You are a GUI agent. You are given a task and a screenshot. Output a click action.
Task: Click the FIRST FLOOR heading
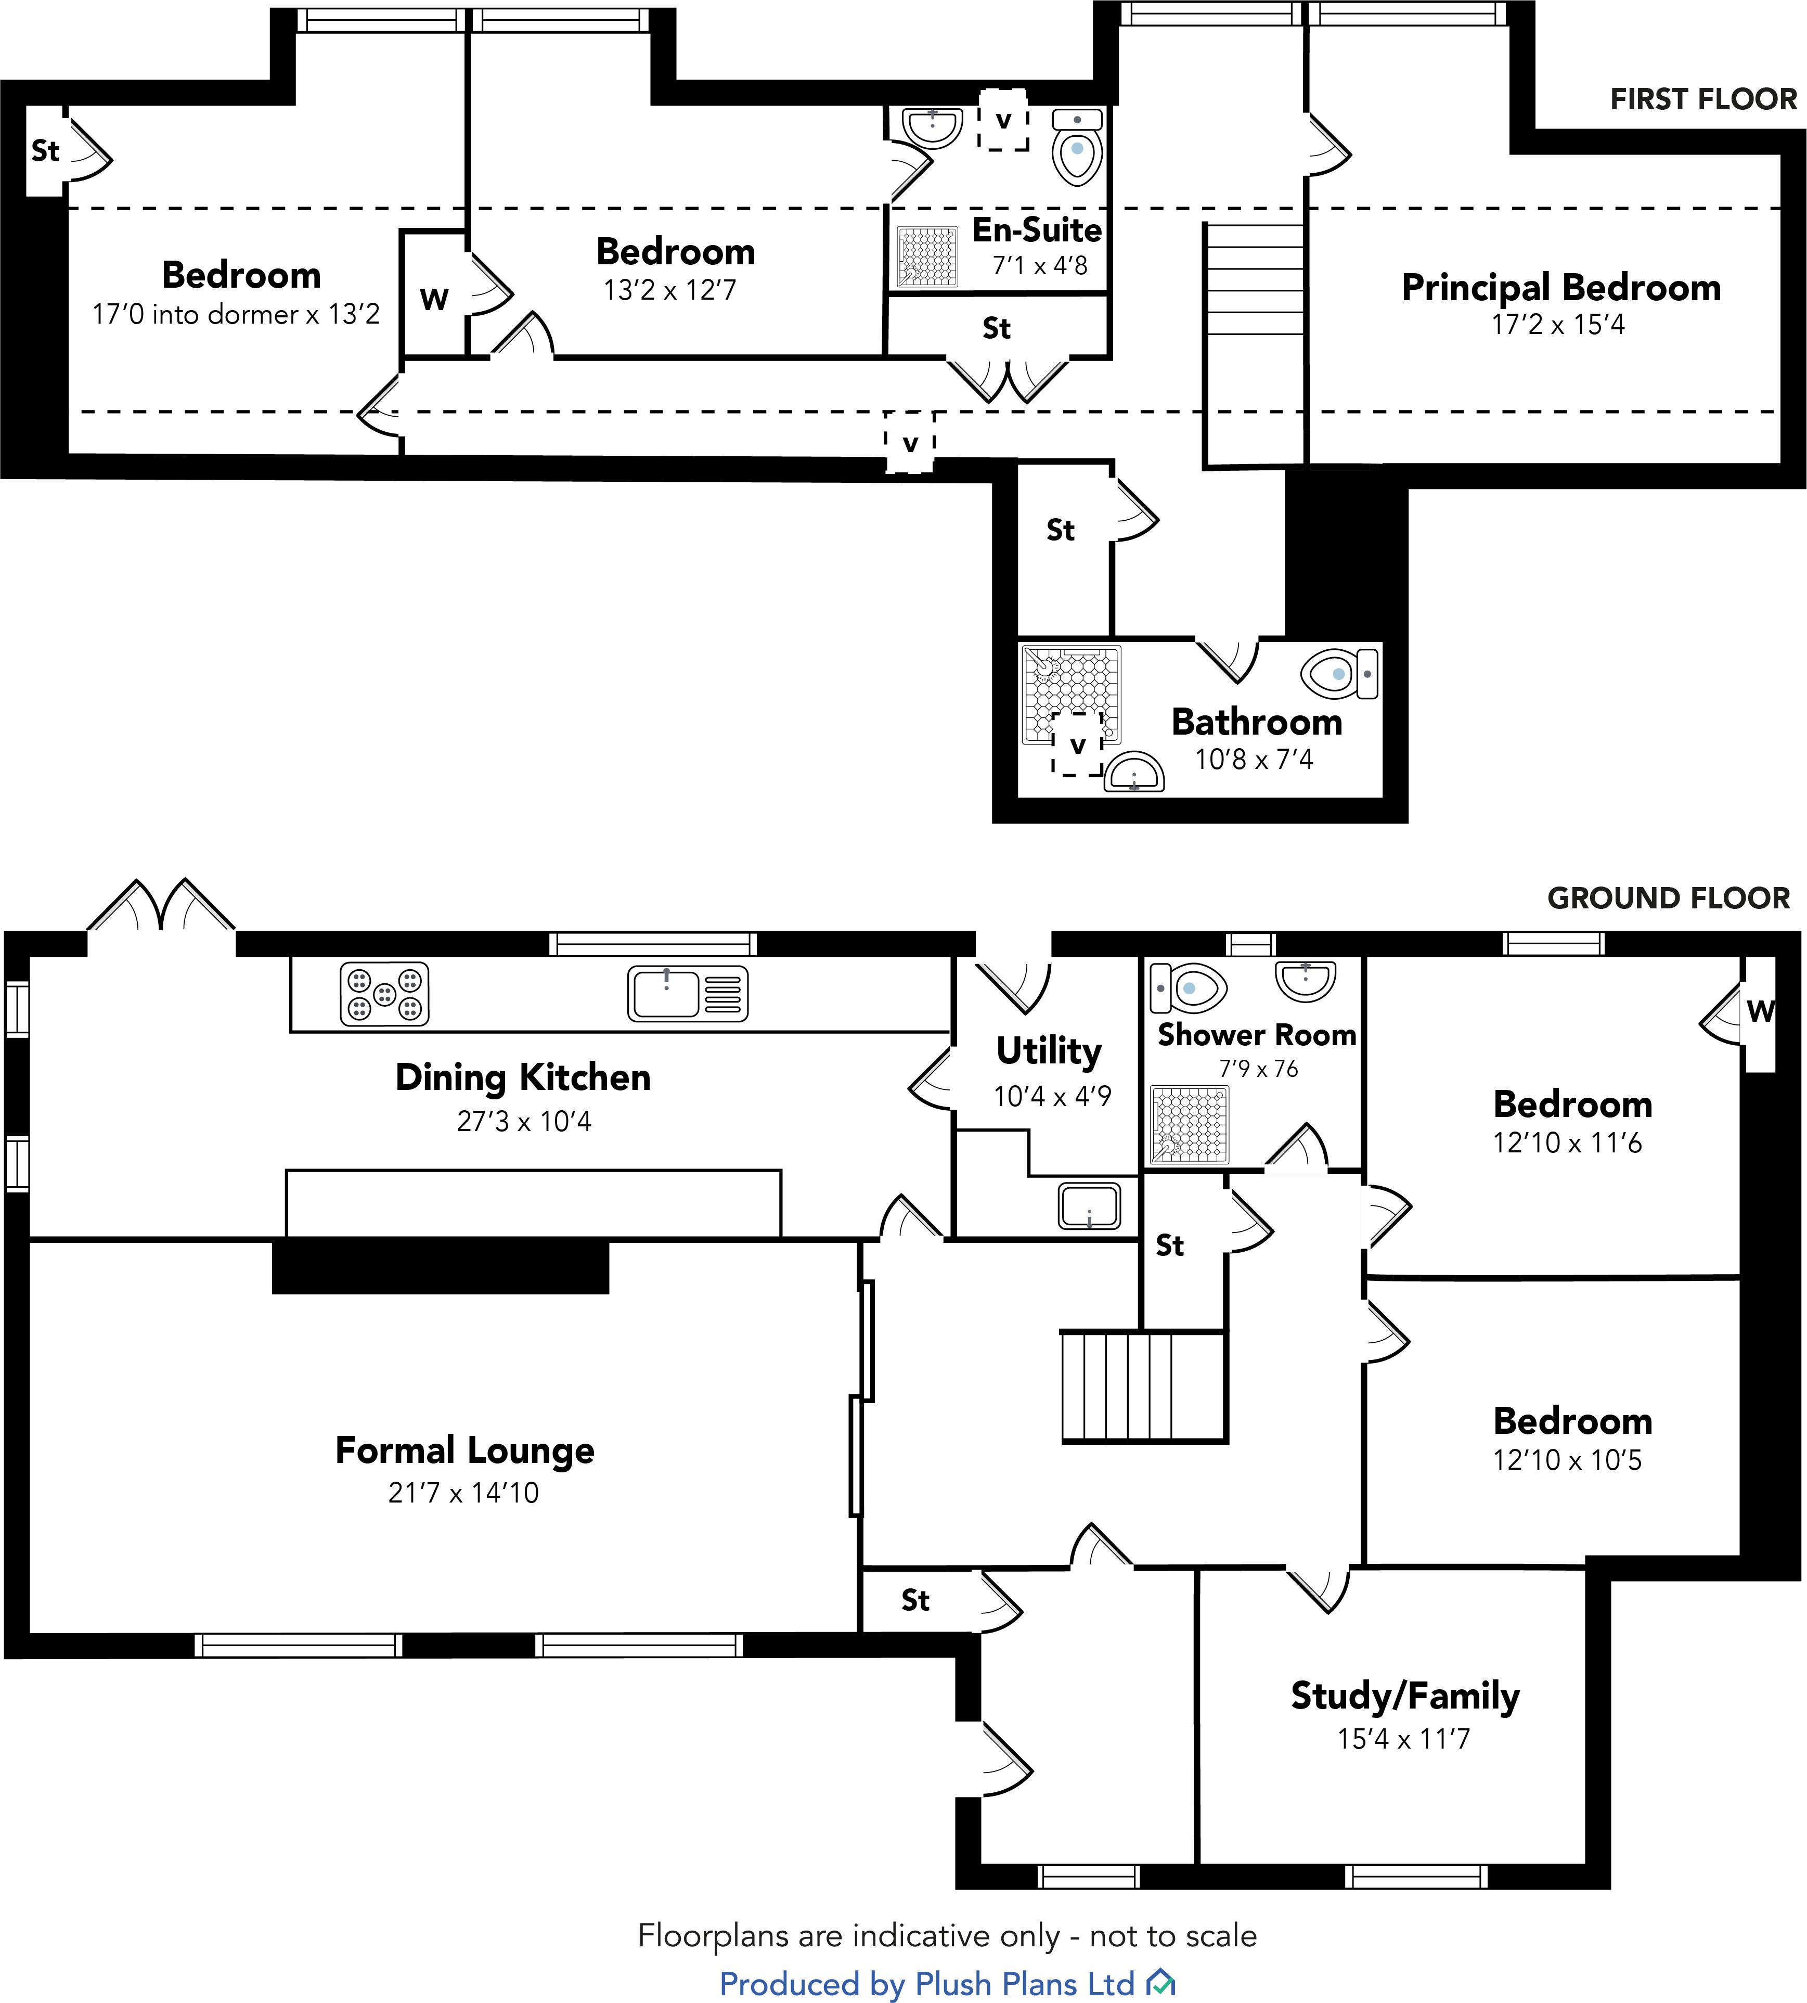tap(1703, 99)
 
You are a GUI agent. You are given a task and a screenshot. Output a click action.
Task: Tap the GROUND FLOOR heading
tap(1668, 898)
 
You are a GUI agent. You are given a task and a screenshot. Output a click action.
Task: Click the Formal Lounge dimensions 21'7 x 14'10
tap(463, 1493)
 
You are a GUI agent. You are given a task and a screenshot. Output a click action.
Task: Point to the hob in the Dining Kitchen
tap(384, 993)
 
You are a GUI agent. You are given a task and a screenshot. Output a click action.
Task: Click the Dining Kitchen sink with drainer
tap(687, 993)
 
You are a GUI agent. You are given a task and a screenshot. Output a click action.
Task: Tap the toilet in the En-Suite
tap(1077, 149)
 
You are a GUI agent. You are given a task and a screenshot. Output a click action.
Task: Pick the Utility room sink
tap(1089, 1205)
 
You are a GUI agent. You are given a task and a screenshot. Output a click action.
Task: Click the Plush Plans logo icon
tap(1160, 1984)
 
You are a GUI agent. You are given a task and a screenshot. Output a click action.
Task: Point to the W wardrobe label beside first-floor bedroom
tap(434, 298)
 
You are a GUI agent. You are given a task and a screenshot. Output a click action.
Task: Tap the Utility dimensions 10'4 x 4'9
tap(1052, 1096)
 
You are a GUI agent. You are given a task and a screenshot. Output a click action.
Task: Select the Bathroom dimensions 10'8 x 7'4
tap(1254, 760)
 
